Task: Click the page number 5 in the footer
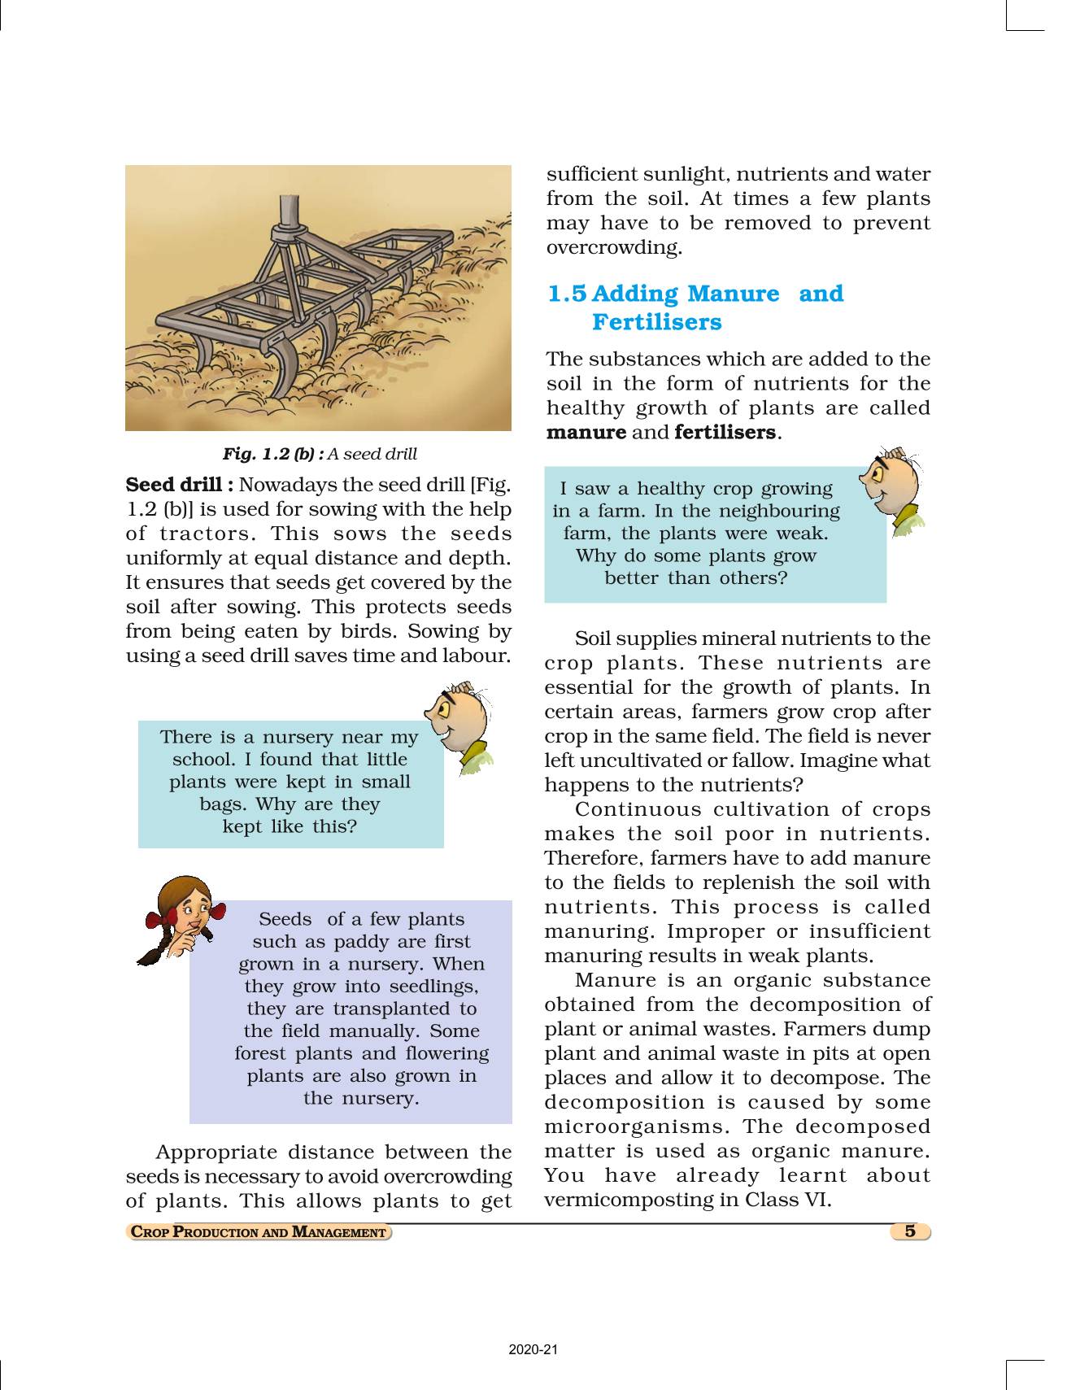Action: (909, 1231)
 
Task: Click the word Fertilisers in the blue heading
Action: (656, 322)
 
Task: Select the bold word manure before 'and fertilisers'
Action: (586, 432)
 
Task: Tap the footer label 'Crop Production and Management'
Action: (259, 1232)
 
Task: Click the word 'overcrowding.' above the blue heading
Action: (614, 247)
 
